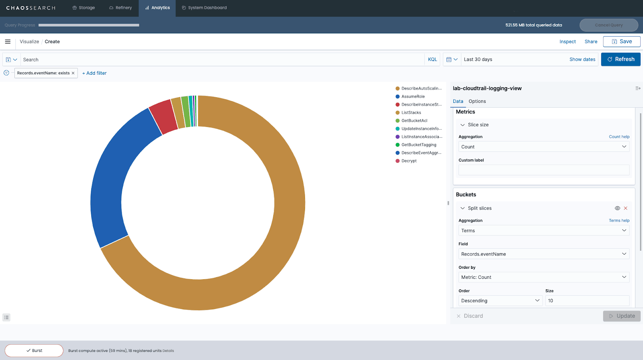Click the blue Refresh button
click(620, 59)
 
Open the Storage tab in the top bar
click(84, 8)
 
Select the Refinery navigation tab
click(121, 8)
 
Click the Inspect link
click(567, 42)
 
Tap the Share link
click(591, 42)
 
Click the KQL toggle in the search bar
click(432, 59)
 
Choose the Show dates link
click(582, 59)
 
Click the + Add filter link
click(94, 73)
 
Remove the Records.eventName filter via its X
click(73, 73)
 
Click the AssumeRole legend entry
click(413, 96)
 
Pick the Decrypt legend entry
click(409, 161)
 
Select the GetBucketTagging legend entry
click(418, 145)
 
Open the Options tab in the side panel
click(477, 101)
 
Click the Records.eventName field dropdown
click(544, 254)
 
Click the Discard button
click(470, 316)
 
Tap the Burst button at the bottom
click(34, 350)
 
